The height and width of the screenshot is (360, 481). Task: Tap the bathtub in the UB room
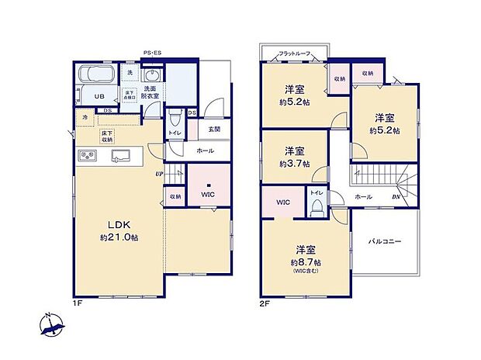coord(98,77)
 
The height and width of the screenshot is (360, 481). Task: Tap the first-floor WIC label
coord(208,194)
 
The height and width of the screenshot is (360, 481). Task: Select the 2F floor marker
coord(265,303)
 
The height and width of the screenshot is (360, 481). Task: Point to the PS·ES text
coord(152,53)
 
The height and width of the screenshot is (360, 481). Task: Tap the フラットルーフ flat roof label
coord(294,53)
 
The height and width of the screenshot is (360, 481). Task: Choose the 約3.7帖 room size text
coord(293,164)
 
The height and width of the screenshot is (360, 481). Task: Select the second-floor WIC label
coord(282,202)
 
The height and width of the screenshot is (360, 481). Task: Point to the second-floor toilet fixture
coord(317,207)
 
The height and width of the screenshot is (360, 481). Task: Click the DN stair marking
coord(396,197)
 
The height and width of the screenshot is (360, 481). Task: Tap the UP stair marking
coord(158,174)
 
